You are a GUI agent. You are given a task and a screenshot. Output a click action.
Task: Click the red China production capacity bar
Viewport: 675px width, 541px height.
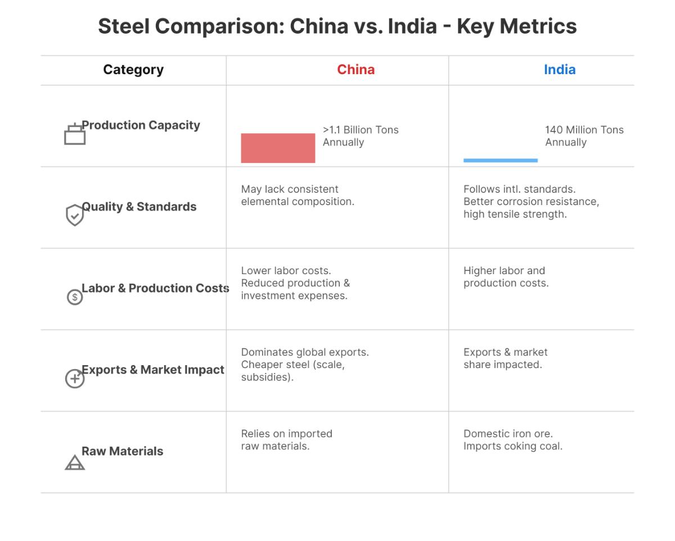click(x=278, y=148)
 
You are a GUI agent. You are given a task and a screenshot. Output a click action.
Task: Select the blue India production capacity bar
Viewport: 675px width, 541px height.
click(x=500, y=161)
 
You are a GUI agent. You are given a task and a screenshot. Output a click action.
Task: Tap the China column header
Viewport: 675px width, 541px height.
click(x=355, y=70)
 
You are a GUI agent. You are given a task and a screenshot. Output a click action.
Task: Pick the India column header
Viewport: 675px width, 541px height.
click(x=559, y=70)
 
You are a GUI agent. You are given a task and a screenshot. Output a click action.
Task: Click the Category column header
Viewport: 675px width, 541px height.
click(x=133, y=70)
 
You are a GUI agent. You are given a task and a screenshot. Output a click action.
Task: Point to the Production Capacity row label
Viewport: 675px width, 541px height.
click(x=141, y=125)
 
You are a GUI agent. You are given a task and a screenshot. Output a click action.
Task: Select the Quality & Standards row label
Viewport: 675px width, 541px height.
click(x=139, y=207)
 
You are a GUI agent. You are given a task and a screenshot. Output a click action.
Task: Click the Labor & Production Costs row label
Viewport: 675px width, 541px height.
click(x=155, y=288)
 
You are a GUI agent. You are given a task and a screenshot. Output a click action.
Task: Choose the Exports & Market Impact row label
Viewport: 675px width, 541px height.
click(x=153, y=370)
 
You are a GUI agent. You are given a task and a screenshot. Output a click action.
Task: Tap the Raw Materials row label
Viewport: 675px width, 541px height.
click(x=122, y=451)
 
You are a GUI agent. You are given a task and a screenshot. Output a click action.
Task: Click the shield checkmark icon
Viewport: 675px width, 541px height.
click(x=75, y=215)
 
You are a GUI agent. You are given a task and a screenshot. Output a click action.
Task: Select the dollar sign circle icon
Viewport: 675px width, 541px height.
click(x=75, y=297)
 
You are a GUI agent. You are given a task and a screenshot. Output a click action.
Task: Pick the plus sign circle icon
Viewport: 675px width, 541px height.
click(x=75, y=379)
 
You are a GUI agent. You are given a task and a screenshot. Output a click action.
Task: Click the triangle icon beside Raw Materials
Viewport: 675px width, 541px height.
click(x=75, y=462)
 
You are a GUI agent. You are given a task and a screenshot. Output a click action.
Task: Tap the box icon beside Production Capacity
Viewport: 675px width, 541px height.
click(x=75, y=134)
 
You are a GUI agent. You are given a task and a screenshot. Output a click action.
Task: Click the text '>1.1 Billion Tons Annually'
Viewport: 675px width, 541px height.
click(x=360, y=136)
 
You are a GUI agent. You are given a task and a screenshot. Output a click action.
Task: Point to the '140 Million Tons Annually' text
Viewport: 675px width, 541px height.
click(x=584, y=136)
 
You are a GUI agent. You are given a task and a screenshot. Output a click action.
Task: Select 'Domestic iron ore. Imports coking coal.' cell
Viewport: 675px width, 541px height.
click(x=512, y=440)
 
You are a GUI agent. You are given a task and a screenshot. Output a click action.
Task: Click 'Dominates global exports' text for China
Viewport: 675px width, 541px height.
click(x=305, y=352)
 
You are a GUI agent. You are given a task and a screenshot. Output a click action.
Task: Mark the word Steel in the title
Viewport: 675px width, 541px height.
click(x=124, y=26)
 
